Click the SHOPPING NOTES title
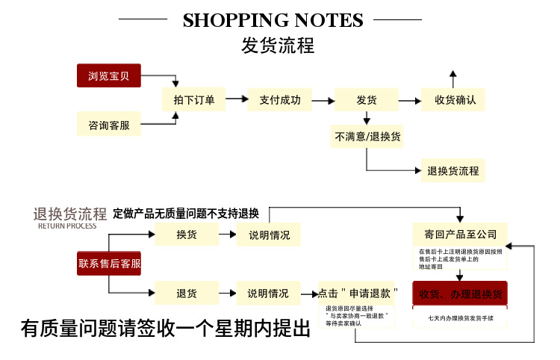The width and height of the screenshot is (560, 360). [x=273, y=20]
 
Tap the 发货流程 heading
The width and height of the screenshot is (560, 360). [x=278, y=45]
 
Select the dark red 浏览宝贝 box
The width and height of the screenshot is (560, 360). [x=109, y=75]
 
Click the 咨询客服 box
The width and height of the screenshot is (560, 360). [x=109, y=125]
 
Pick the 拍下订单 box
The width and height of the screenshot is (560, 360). [x=193, y=100]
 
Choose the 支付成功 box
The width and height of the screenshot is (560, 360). [x=279, y=100]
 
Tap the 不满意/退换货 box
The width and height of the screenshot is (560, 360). [x=367, y=137]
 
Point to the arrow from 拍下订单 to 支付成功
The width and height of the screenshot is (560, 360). [x=236, y=99]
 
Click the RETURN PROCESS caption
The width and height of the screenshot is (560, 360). [x=67, y=226]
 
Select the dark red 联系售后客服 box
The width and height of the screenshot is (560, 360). [x=109, y=263]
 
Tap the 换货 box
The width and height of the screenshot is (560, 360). [x=187, y=235]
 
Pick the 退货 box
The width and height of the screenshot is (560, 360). [x=187, y=293]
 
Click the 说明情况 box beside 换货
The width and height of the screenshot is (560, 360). [x=269, y=235]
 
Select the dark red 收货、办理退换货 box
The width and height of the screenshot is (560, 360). [x=460, y=293]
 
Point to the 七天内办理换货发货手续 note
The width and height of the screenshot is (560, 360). [x=460, y=318]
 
